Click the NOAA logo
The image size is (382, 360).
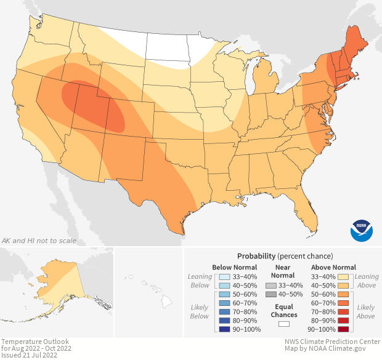[362, 230]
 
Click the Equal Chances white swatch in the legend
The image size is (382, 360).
[284, 323]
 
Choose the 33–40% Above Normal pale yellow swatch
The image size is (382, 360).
[344, 276]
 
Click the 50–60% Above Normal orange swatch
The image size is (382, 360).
[344, 294]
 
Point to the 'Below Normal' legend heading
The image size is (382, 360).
[234, 267]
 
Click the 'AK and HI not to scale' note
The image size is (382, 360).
[39, 240]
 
